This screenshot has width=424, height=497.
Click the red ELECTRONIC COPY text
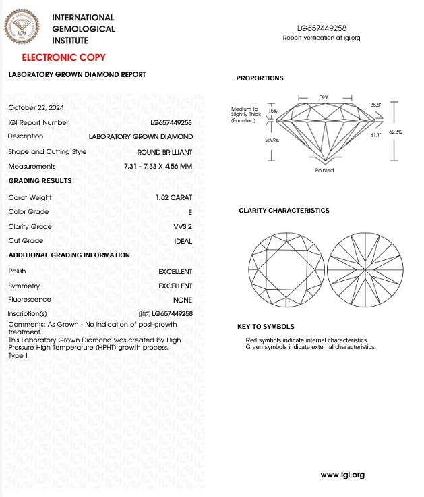(59, 57)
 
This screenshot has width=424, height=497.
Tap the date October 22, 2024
(36, 108)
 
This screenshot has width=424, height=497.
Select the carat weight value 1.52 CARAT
(173, 198)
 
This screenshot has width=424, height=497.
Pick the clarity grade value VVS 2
(182, 227)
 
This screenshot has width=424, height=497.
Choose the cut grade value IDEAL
(183, 241)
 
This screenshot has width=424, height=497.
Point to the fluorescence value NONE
(182, 300)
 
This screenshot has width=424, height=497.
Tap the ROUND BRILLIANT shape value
(164, 152)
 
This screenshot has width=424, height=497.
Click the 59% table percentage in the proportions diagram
(324, 98)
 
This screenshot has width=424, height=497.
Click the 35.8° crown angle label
(375, 105)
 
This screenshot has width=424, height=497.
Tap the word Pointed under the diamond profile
(324, 171)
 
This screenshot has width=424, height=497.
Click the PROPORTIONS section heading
(260, 78)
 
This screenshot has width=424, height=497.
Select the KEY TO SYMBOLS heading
(266, 327)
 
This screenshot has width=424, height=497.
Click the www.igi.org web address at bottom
(342, 475)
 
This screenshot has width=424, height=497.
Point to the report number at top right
(322, 28)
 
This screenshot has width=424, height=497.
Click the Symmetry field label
(24, 286)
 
